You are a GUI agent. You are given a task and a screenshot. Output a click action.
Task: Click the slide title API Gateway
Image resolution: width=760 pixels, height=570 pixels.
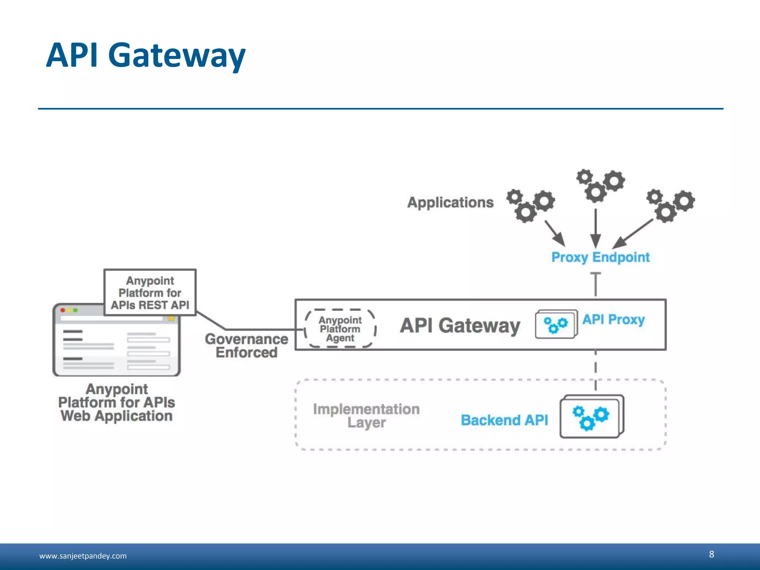[x=145, y=56]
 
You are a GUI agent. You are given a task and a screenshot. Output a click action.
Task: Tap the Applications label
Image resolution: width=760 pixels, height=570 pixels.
[x=450, y=203]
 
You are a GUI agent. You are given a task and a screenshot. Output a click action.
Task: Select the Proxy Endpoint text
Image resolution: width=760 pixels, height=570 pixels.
[x=600, y=257]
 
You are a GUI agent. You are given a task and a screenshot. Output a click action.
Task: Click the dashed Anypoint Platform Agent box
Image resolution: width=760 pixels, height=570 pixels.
[x=340, y=329]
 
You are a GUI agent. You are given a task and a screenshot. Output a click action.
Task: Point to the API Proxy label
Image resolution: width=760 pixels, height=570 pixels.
[x=613, y=320]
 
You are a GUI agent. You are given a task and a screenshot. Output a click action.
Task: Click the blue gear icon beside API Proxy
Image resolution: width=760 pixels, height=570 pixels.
[x=556, y=324]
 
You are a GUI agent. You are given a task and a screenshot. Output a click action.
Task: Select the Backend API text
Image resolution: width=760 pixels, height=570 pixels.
[x=504, y=420]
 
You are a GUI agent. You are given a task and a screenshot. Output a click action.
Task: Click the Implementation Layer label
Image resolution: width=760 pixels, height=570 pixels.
[x=366, y=416]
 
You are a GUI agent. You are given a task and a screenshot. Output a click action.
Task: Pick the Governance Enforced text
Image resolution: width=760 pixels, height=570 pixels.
[x=246, y=345]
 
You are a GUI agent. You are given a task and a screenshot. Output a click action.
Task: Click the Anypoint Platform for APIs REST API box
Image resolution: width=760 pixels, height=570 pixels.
[x=150, y=293]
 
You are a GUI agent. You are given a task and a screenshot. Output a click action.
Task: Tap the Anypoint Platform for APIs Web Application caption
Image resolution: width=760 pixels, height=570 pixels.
[x=117, y=403]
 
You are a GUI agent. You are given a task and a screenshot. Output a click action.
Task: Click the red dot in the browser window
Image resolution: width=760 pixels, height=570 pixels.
[x=63, y=310]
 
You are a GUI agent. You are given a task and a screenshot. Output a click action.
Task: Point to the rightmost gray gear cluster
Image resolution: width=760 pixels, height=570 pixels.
[x=670, y=206]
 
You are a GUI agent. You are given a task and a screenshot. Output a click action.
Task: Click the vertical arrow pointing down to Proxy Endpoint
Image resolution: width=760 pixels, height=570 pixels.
[x=596, y=227]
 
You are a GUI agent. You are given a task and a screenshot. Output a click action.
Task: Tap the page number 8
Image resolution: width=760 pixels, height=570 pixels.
[x=711, y=554]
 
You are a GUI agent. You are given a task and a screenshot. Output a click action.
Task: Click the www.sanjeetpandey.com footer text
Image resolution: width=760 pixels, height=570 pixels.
[x=83, y=556]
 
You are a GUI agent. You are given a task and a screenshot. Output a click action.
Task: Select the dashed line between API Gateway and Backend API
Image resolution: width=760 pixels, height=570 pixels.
[x=596, y=370]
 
